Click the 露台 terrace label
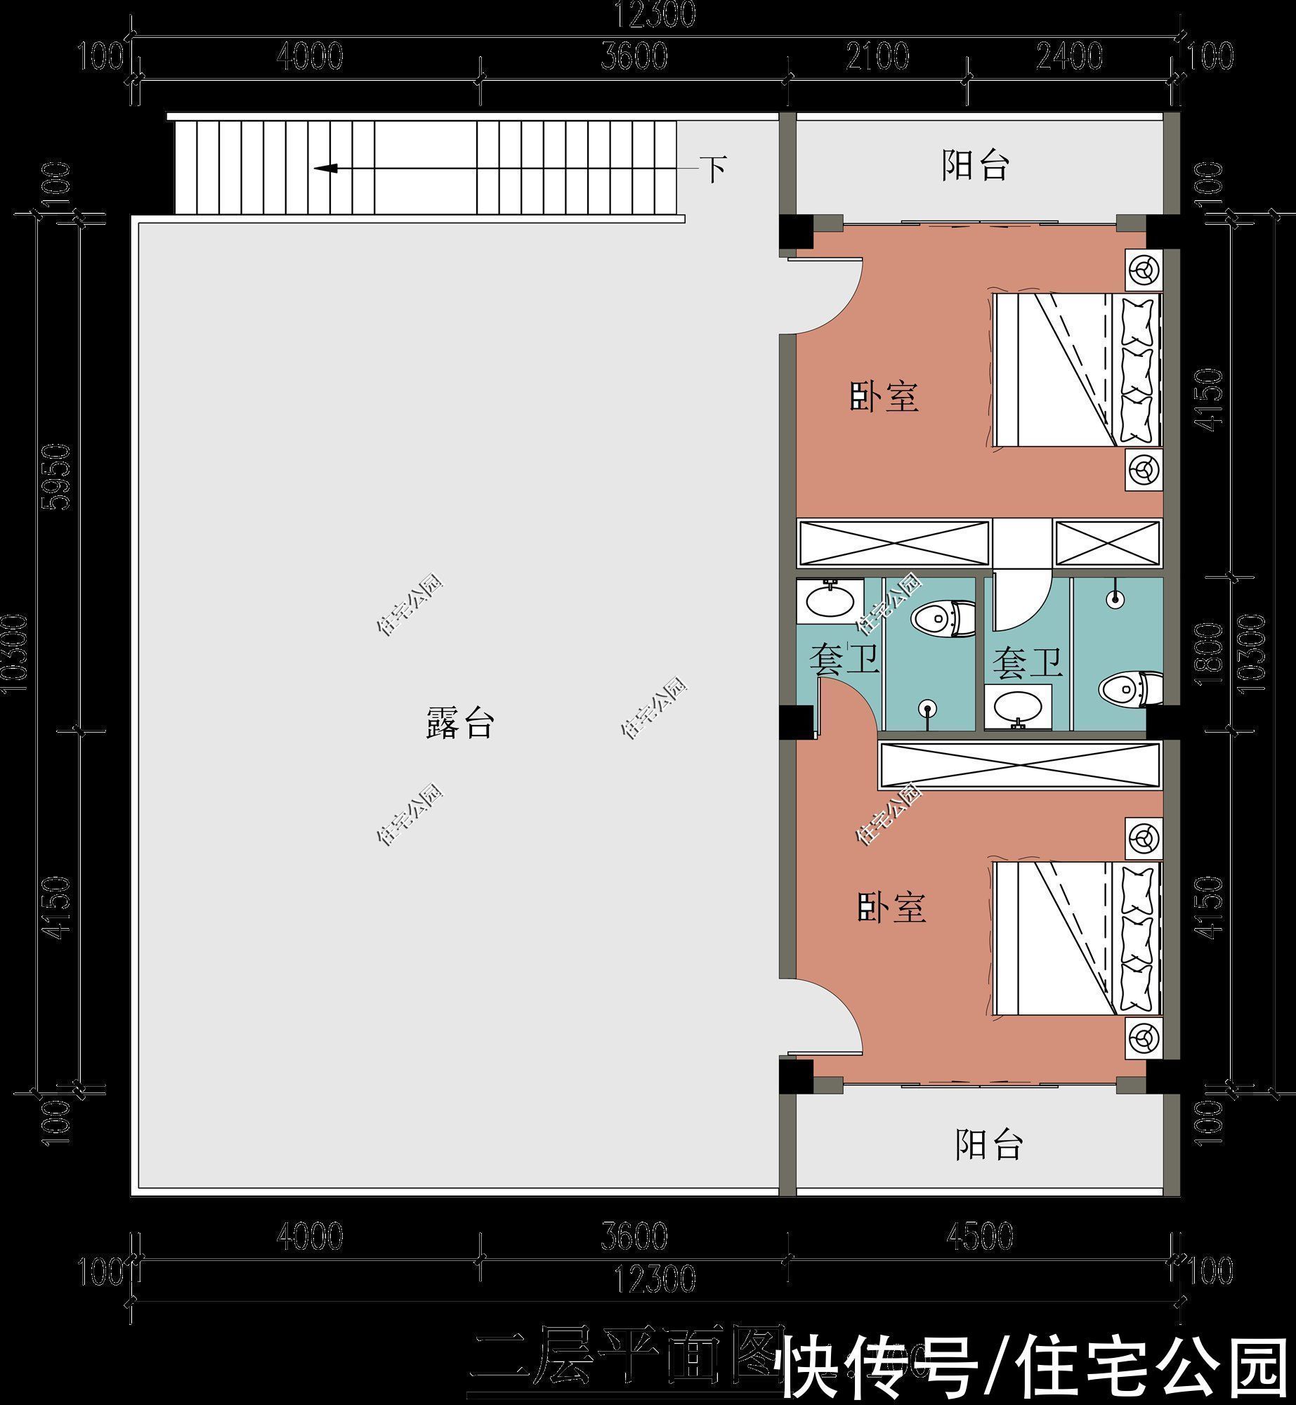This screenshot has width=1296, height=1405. (x=460, y=723)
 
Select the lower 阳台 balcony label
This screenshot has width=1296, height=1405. (x=988, y=1144)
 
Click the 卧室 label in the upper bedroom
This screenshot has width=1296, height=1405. (x=884, y=396)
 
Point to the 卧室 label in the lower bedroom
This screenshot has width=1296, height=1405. (x=891, y=908)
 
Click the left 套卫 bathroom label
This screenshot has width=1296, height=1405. (x=844, y=660)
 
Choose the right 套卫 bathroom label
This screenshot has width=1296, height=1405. (x=1027, y=664)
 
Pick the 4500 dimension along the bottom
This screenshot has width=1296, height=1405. (x=981, y=1236)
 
